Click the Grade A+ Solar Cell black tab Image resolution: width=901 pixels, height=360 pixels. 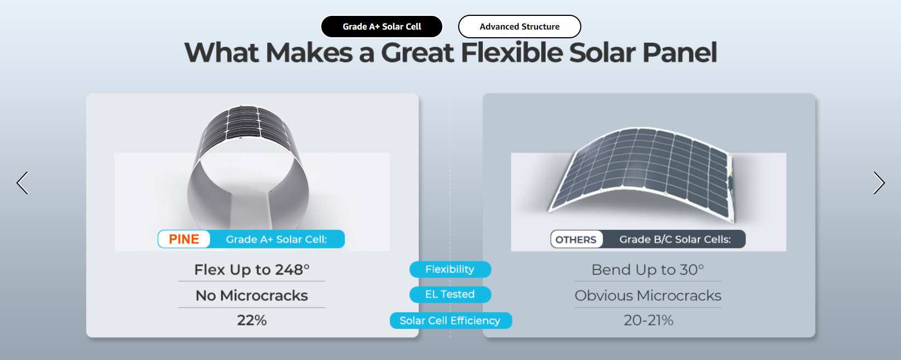pyautogui.click(x=382, y=27)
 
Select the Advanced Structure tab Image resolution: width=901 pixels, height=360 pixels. pyautogui.click(x=519, y=27)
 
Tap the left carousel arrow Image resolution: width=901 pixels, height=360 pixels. pyautogui.click(x=22, y=183)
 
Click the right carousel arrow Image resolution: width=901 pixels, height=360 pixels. pyautogui.click(x=879, y=183)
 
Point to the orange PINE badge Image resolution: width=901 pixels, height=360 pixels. pyautogui.click(x=184, y=239)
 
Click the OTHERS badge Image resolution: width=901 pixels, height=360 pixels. pyautogui.click(x=576, y=239)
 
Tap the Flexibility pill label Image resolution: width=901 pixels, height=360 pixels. pyautogui.click(x=450, y=269)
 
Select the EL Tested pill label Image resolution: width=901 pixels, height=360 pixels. pyautogui.click(x=450, y=294)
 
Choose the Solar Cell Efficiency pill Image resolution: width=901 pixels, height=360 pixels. pyautogui.click(x=450, y=321)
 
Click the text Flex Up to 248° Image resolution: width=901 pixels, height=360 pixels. pyautogui.click(x=252, y=270)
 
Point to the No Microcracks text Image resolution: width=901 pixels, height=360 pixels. pyautogui.click(x=252, y=295)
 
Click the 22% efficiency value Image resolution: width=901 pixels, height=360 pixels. pyautogui.click(x=252, y=320)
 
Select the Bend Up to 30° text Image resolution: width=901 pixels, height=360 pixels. pyautogui.click(x=648, y=270)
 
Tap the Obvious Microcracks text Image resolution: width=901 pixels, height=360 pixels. pyautogui.click(x=648, y=295)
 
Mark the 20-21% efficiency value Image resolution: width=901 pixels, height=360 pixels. pyautogui.click(x=649, y=320)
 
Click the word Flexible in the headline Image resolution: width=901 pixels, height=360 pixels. pyautogui.click(x=511, y=53)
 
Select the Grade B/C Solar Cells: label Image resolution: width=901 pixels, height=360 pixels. pyautogui.click(x=675, y=239)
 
